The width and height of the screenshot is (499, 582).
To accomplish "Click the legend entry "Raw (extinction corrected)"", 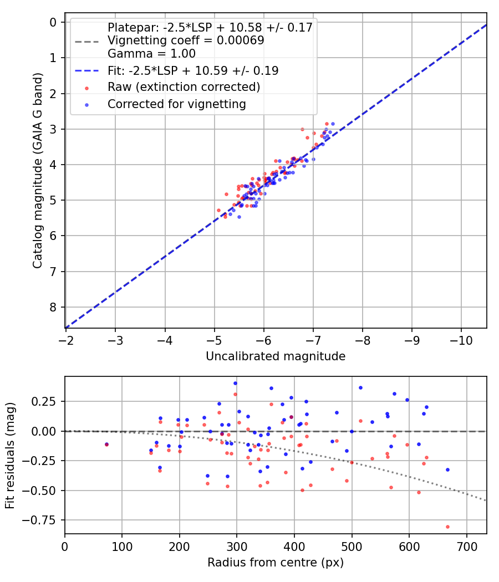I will coord(184,87).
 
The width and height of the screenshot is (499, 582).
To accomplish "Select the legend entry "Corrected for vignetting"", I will coord(176,104).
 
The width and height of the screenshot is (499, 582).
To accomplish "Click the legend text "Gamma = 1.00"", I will coord(151,54).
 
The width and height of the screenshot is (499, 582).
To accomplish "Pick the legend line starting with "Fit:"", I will coord(192,70).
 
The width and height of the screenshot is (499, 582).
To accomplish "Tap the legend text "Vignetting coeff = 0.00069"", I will coord(186,40).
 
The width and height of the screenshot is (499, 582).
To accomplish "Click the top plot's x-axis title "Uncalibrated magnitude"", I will coord(276,356).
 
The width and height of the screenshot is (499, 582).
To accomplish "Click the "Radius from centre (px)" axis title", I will coord(276,563).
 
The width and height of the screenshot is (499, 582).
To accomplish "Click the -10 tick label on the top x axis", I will coord(461,339).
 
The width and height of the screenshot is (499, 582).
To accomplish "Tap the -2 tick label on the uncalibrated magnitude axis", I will coord(66,339).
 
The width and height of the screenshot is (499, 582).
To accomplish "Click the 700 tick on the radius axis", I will coord(466,546).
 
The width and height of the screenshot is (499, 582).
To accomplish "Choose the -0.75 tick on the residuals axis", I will coord(45,520).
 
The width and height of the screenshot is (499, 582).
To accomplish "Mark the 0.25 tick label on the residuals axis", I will coord(48,401).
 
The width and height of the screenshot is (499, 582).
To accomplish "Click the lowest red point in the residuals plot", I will coord(447,527).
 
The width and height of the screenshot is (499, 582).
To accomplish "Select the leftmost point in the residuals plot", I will coord(106,444).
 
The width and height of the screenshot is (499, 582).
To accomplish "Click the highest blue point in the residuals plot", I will coord(235,383).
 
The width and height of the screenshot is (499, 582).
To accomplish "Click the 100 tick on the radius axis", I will coord(122,546).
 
